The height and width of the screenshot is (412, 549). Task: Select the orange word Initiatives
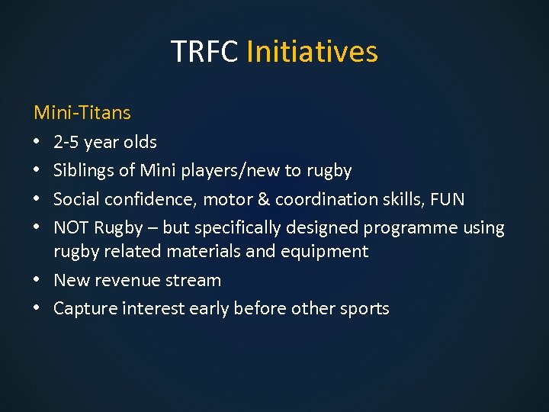[x=312, y=52]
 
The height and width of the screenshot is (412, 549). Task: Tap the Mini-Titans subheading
[x=82, y=113]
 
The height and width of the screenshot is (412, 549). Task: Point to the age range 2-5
[x=66, y=142]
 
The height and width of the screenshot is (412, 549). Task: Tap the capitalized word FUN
[x=447, y=199]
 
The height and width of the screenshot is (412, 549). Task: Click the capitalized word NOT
[x=72, y=228]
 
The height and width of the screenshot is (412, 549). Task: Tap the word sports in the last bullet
[x=364, y=309]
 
